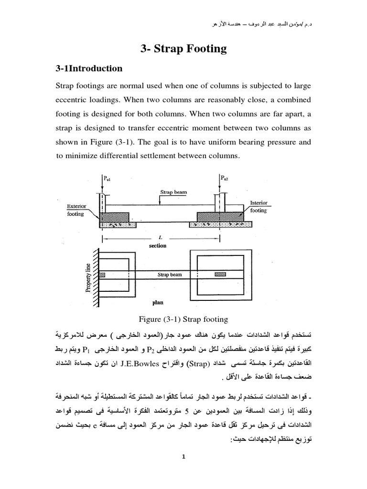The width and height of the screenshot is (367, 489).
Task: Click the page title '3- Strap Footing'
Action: [x=183, y=48]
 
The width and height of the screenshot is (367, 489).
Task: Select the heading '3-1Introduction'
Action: [x=89, y=68]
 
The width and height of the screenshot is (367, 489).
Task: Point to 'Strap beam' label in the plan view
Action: [x=168, y=276]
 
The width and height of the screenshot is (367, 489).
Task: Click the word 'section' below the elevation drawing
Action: [x=157, y=246]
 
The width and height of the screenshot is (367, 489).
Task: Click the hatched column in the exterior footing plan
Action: [x=103, y=275]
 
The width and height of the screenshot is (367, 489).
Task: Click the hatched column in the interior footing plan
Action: [x=220, y=275]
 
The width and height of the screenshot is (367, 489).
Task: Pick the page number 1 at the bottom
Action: [x=183, y=457]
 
